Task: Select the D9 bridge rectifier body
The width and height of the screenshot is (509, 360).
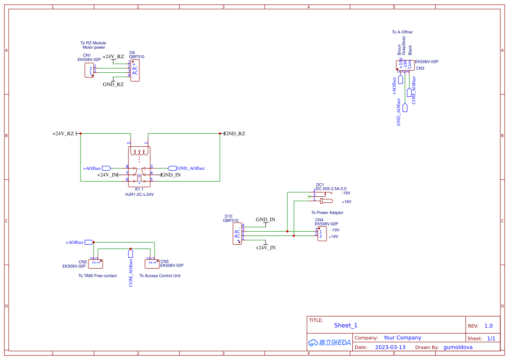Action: coord(135,71)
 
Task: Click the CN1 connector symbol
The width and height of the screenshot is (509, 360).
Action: coord(89,71)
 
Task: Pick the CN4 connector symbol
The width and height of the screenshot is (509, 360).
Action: coord(322,234)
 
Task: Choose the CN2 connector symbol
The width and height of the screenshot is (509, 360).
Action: coord(96,263)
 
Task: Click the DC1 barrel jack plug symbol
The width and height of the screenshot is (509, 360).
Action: coord(326,201)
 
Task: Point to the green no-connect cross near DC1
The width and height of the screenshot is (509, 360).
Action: coord(309,196)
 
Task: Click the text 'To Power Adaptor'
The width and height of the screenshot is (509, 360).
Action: coord(327,213)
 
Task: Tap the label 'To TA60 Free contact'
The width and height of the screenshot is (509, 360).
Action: coord(98,276)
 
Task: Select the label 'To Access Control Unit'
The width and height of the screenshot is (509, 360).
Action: coord(160,276)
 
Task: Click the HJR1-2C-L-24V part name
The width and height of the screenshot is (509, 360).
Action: coord(139,195)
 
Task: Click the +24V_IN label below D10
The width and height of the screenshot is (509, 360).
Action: coord(266,248)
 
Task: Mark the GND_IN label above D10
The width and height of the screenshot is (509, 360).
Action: coord(265,220)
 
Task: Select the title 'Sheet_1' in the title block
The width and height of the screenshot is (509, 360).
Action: coord(346,326)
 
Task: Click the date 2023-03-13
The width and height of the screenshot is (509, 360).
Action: coord(390,347)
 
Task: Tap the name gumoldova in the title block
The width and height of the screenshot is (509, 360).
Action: coord(458,347)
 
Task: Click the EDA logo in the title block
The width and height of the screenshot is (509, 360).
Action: coord(329,343)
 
